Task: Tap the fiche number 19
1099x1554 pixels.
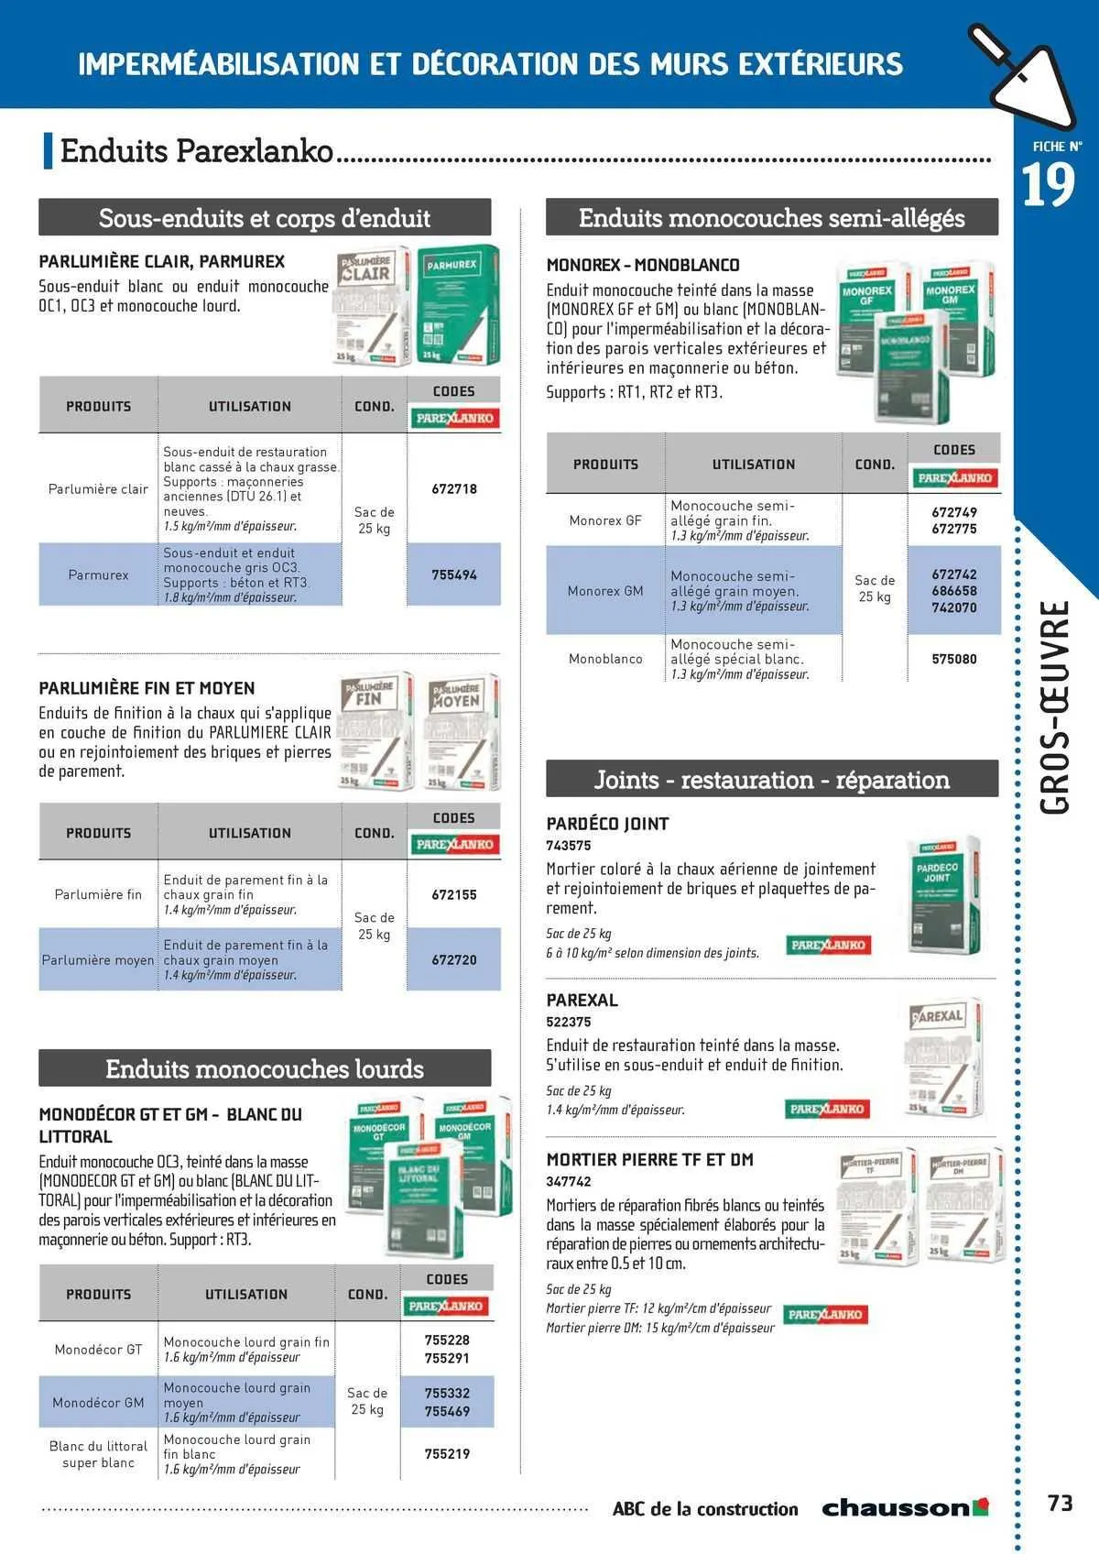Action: [1048, 187]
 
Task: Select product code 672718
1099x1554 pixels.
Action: [454, 489]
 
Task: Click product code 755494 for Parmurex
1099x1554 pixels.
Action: [454, 575]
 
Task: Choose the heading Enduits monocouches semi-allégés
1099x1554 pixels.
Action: [771, 218]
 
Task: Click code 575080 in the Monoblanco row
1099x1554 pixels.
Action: [954, 659]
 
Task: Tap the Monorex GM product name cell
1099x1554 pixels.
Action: [605, 591]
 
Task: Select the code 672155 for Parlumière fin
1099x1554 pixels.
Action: [454, 894]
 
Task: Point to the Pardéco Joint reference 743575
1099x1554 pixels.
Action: [569, 846]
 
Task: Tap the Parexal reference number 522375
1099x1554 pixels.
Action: [569, 1022]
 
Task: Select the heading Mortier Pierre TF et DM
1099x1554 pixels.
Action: [649, 1160]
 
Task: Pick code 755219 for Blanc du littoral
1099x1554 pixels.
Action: [447, 1453]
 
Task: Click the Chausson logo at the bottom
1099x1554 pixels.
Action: [905, 1507]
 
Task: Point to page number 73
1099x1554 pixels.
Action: [1060, 1504]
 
